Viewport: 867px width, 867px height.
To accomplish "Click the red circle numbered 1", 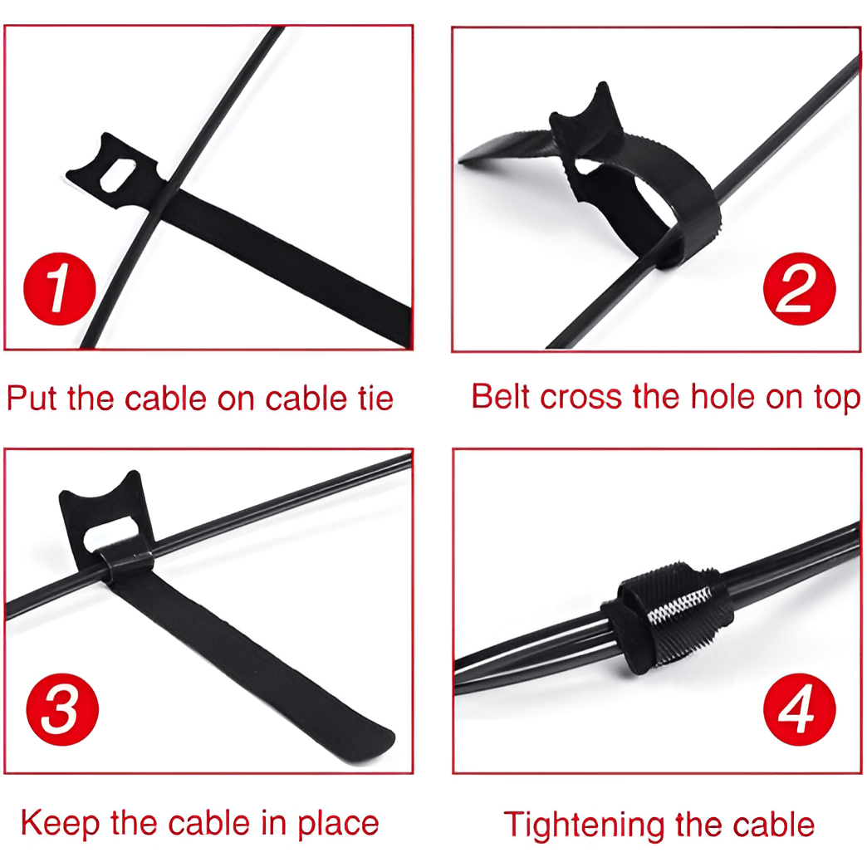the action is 60,289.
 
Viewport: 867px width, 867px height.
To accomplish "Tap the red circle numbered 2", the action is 799,289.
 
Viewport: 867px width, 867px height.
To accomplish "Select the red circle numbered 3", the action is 62,709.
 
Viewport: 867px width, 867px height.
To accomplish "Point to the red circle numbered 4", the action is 799,709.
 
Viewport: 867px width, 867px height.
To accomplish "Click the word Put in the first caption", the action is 32,398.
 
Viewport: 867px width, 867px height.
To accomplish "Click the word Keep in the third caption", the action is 61,823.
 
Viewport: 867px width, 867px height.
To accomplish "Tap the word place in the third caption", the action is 338,824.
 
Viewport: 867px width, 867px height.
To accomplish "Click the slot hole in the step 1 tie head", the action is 116,175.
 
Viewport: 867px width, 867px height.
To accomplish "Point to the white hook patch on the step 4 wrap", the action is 679,605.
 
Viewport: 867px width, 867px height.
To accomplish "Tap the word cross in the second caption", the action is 580,398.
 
